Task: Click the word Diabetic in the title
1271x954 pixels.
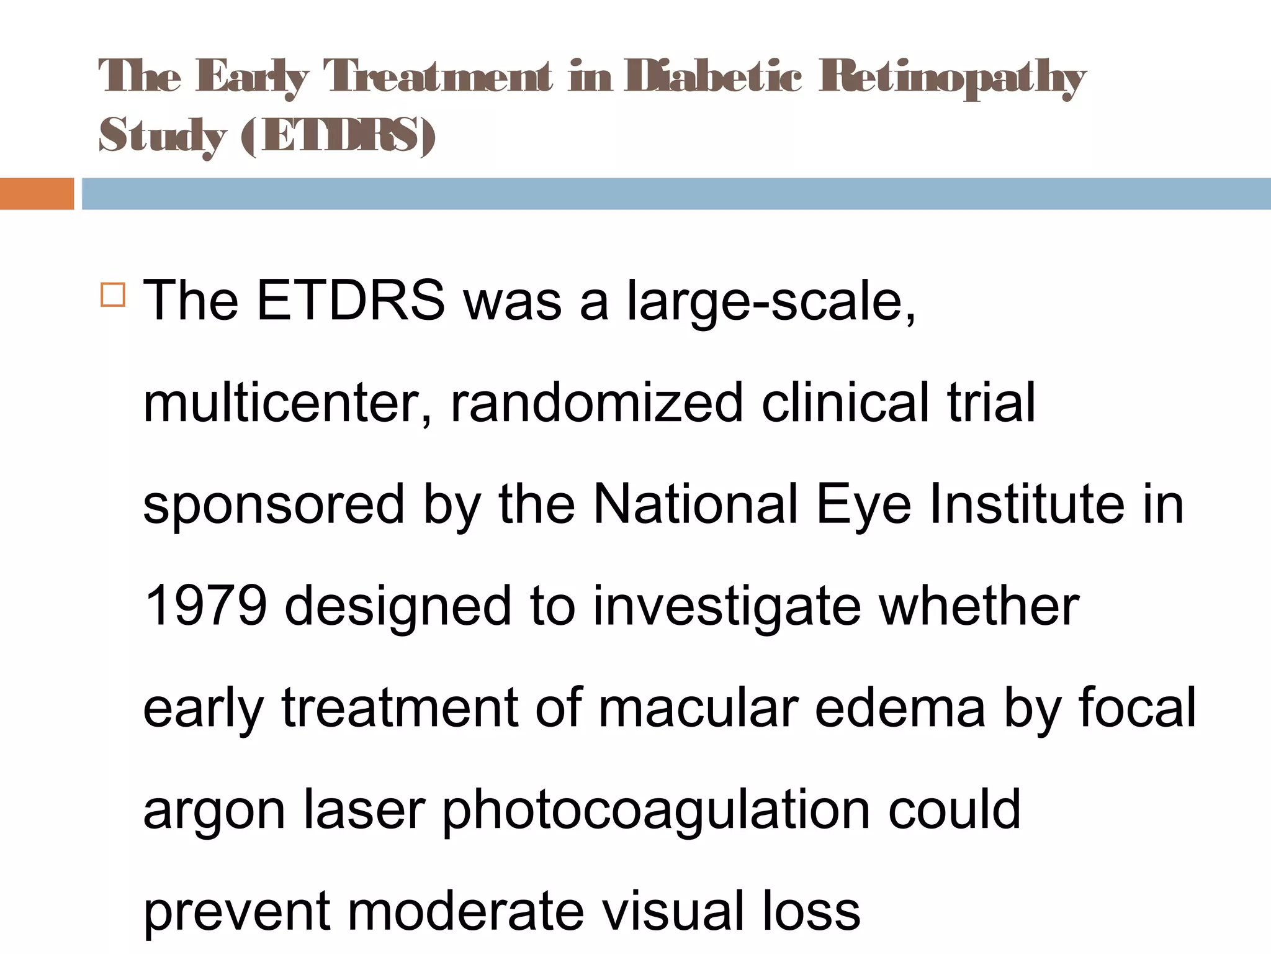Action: pyautogui.click(x=713, y=77)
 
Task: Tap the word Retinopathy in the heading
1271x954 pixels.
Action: pyautogui.click(x=953, y=77)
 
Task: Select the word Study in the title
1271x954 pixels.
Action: pyautogui.click(x=163, y=135)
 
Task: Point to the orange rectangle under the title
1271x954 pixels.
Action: pyautogui.click(x=37, y=194)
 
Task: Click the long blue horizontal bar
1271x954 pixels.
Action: pyautogui.click(x=676, y=194)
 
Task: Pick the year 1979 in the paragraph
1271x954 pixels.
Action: pyautogui.click(x=205, y=606)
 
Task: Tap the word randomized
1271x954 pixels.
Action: pyautogui.click(x=596, y=402)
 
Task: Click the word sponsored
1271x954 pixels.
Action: pyautogui.click(x=274, y=504)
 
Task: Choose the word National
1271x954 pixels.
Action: pyautogui.click(x=695, y=504)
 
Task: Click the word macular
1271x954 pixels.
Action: pyautogui.click(x=698, y=707)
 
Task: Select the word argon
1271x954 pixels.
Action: pyautogui.click(x=214, y=811)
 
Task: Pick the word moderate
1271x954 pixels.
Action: pyautogui.click(x=466, y=911)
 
